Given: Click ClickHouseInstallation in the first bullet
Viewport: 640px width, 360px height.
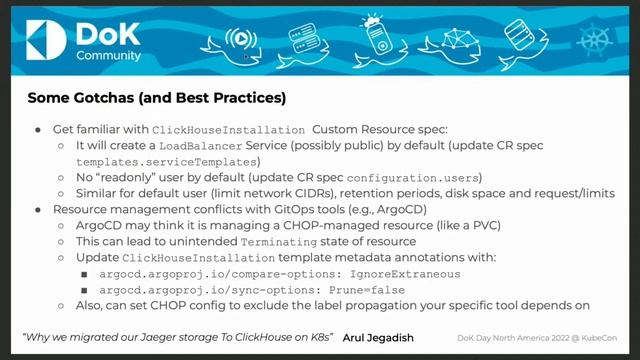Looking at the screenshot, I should pyautogui.click(x=228, y=130).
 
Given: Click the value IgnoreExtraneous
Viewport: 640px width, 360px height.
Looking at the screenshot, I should pyautogui.click(x=411, y=273).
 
